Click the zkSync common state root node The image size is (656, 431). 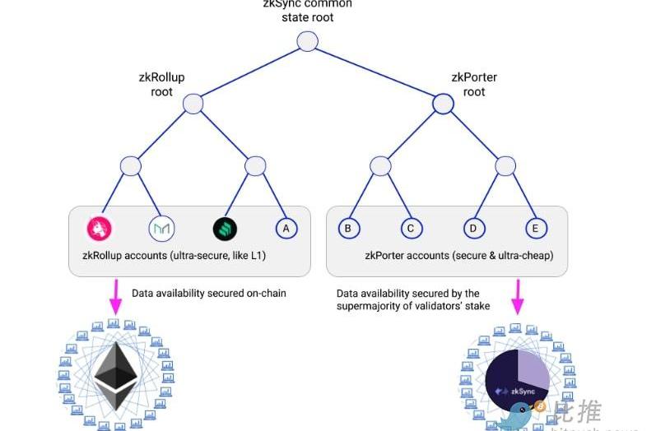307,41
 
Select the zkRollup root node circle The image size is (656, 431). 193,104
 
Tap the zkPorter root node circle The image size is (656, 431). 443,104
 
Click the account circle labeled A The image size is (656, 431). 286,228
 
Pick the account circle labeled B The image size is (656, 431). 349,228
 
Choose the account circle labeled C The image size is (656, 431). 411,228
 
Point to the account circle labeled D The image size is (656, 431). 473,228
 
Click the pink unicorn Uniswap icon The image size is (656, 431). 100,228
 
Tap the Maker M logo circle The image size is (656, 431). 161,228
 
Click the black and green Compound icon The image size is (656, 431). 224,228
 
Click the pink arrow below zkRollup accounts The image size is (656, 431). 114,297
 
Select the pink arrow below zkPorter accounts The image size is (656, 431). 518,299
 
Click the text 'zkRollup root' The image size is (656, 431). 161,85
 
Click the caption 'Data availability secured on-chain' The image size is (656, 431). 209,293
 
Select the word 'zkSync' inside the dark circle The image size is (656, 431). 523,392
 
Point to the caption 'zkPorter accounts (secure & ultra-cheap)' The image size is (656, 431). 459,256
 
